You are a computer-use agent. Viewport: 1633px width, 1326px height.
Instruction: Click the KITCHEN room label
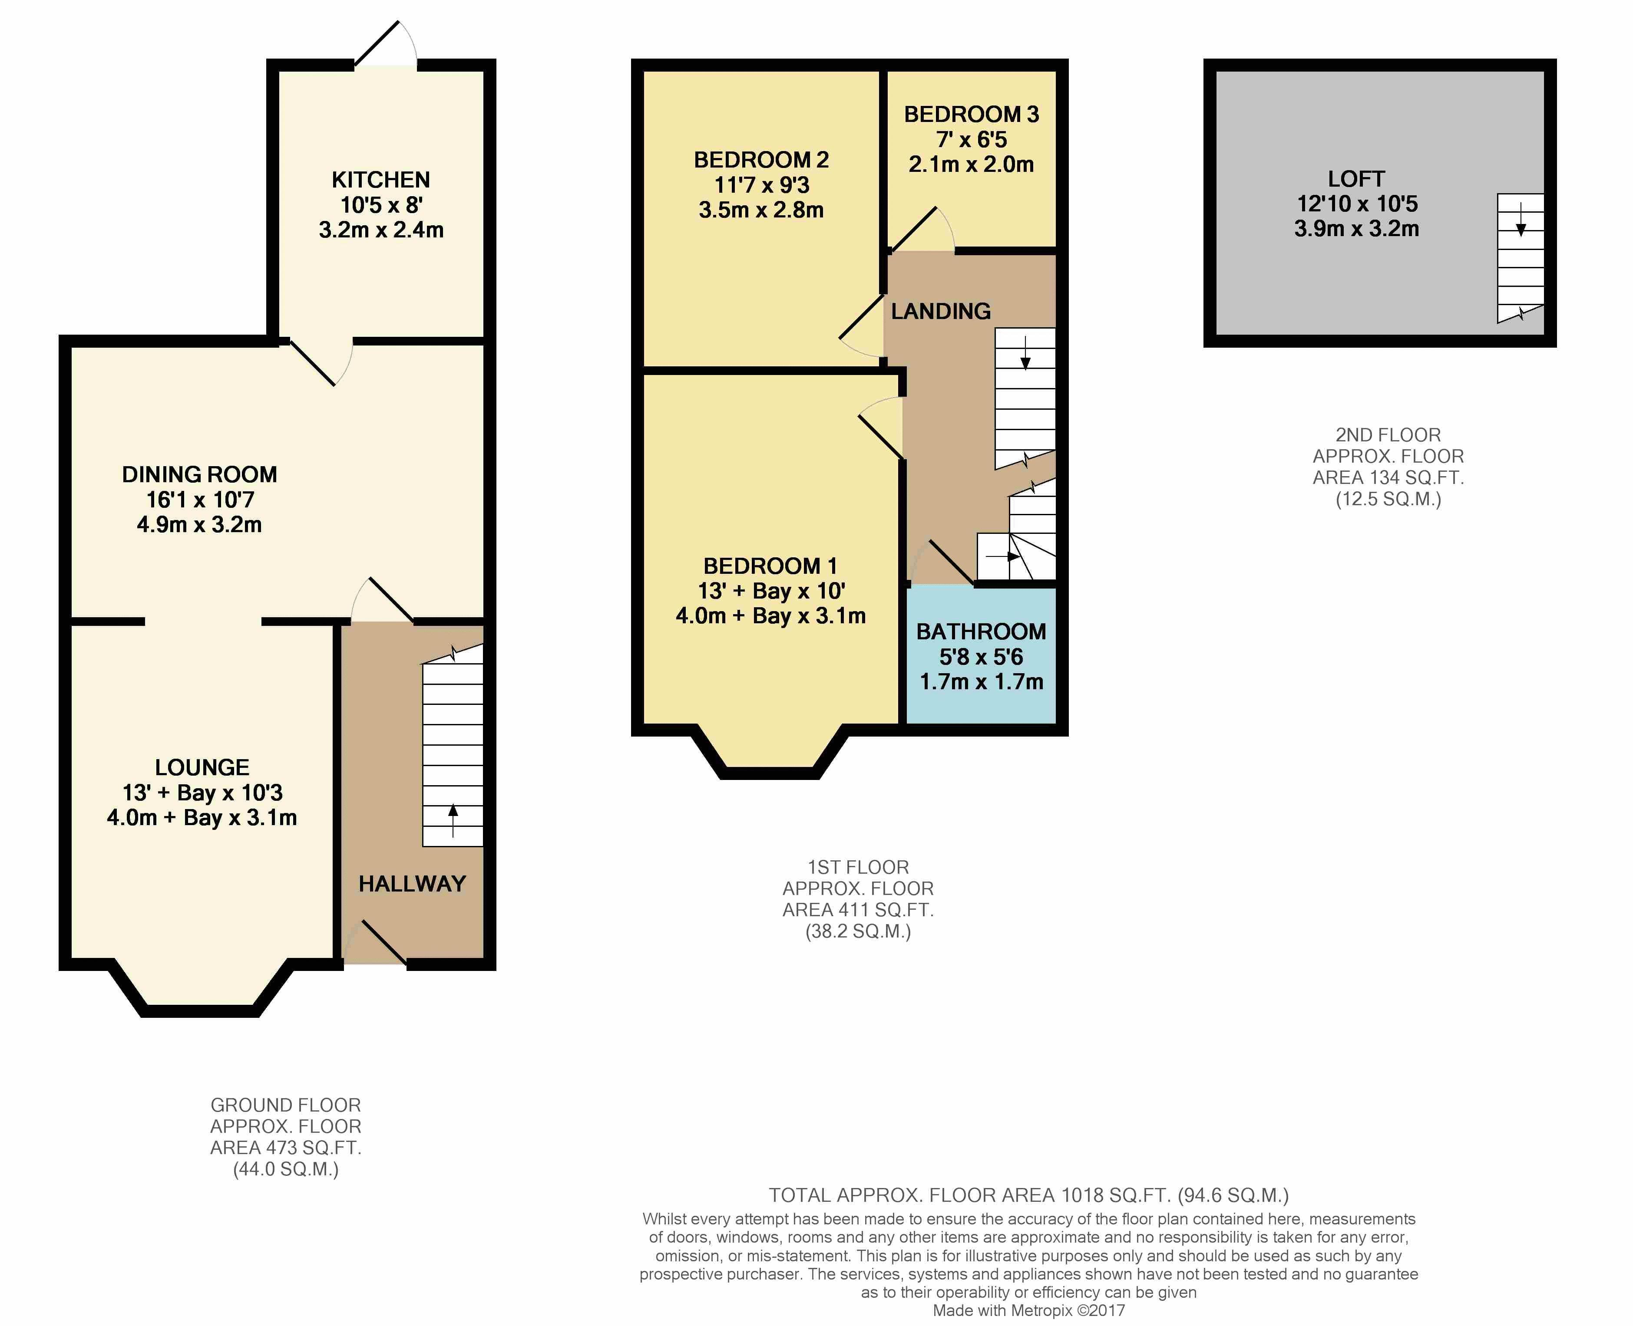[380, 180]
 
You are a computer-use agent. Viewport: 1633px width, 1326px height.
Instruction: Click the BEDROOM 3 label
[971, 115]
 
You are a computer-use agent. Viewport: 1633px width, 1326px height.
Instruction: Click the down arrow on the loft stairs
[1521, 219]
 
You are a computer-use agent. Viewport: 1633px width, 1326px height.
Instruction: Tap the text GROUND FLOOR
[286, 1105]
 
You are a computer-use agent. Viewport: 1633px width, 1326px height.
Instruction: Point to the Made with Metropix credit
[1028, 1311]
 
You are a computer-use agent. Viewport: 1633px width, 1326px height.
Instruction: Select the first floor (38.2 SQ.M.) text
[858, 932]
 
